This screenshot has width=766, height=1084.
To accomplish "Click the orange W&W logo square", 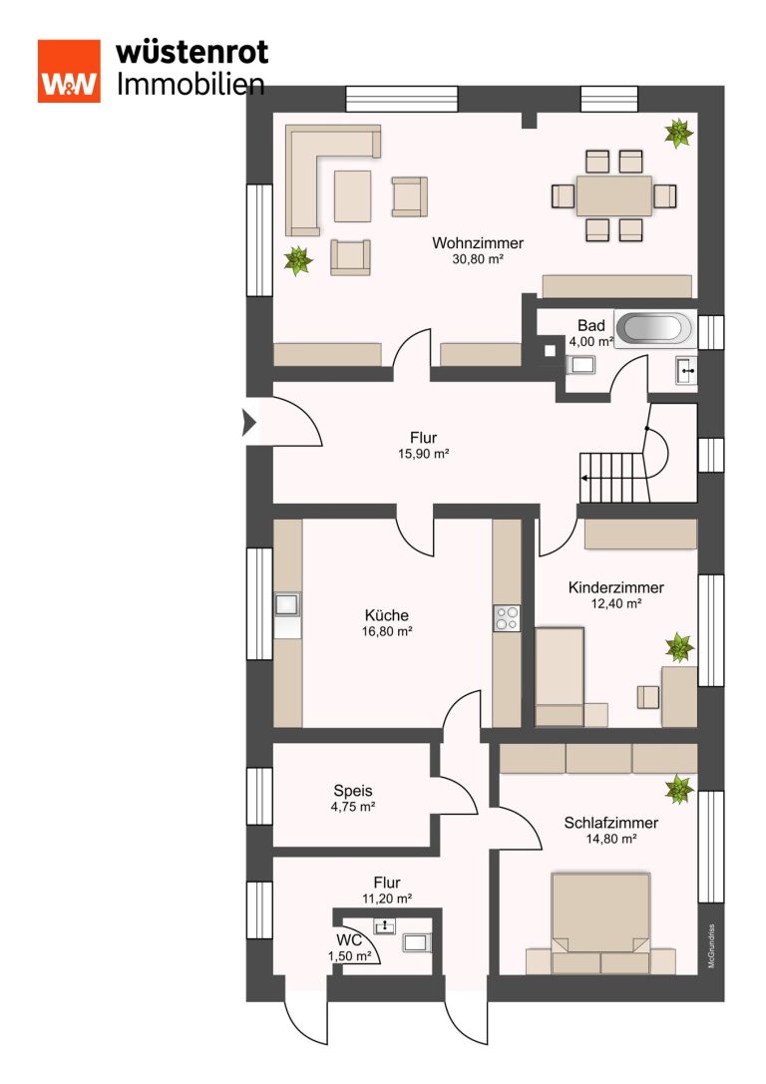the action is point(69,71).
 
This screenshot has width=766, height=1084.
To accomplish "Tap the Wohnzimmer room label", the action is point(478,243).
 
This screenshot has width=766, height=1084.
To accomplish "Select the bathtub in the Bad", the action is point(653,328).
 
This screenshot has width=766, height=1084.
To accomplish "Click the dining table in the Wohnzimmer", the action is point(614,196).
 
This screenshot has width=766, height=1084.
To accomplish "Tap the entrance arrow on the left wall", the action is point(249,423).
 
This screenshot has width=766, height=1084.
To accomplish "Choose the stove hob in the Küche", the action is point(507,618).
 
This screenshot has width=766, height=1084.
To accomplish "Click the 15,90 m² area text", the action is point(423,454).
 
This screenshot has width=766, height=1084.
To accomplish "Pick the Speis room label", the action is point(353,791).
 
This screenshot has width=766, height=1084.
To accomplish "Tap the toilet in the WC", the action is point(417,942).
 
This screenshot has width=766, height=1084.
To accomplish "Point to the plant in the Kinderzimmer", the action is point(679,648).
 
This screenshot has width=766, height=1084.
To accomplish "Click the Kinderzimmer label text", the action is point(616,587).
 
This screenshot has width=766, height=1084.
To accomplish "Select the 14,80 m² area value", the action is point(611,840).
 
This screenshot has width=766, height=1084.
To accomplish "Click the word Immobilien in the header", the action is point(191,84).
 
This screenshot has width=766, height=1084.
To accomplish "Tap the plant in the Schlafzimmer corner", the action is point(679,790).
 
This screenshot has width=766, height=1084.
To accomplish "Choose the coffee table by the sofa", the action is point(353,195).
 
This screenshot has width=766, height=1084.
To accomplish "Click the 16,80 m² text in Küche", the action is point(387,631).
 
